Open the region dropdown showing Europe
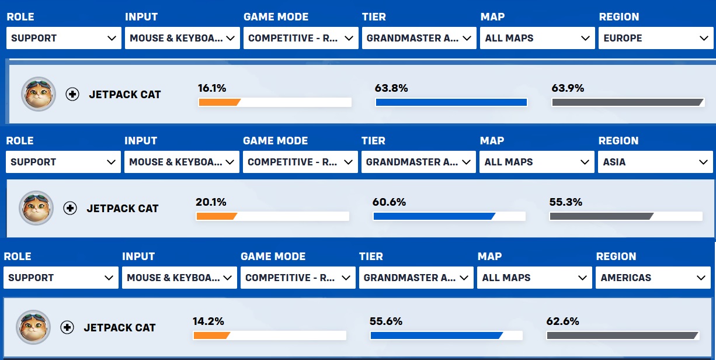pos(656,38)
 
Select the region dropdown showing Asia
pos(655,162)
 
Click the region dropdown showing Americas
pos(653,278)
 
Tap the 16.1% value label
pos(212,88)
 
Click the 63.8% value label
pos(391,88)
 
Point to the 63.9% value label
pos(568,88)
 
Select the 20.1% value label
pos(211,202)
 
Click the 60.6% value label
pos(389,202)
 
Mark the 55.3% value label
pos(566,202)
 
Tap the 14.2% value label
pos(208,321)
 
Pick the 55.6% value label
pos(386,321)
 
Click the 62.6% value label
pos(562,321)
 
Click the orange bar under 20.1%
pos(217,216)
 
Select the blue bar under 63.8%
pos(451,102)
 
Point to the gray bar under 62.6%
pos(623,335)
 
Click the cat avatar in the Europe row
pos(39,94)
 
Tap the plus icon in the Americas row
pos(67,327)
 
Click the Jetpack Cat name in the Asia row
pos(123,208)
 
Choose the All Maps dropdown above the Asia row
pos(537,162)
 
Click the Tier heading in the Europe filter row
pos(374,16)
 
